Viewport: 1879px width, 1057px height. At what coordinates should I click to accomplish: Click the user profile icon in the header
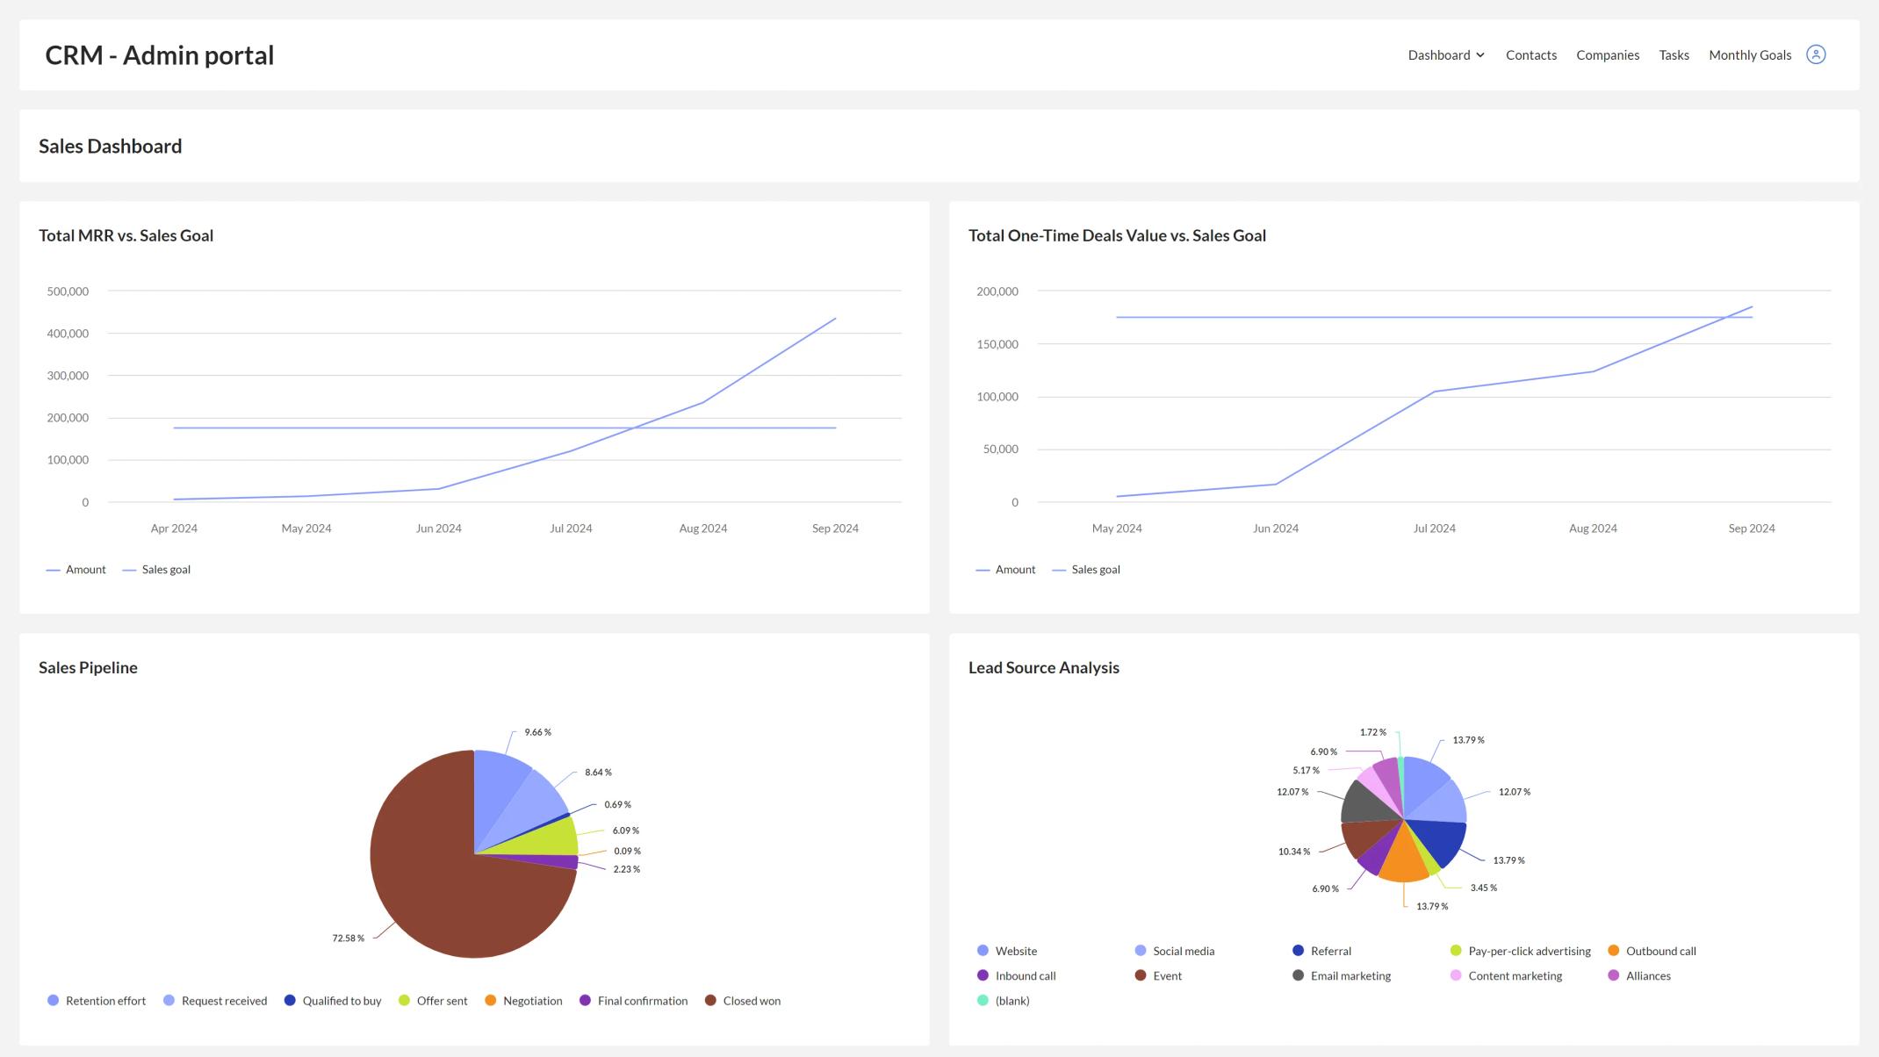click(1816, 54)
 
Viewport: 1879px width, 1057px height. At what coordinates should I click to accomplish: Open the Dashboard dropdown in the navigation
click(1445, 54)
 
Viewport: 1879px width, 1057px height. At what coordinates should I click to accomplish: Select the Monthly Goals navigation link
click(1749, 54)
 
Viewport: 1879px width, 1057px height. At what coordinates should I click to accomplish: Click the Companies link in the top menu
click(1607, 54)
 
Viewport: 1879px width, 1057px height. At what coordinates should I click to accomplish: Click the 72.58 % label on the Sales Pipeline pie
click(348, 938)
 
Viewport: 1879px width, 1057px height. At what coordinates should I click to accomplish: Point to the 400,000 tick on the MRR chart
click(68, 334)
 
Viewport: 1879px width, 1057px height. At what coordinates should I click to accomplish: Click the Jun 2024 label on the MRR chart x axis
click(438, 528)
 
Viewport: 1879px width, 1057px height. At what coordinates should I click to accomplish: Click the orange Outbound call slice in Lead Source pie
click(1404, 860)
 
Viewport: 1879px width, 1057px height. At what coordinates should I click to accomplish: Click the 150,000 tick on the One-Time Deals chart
click(997, 344)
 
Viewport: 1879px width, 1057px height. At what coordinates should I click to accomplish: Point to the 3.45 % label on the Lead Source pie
click(1483, 888)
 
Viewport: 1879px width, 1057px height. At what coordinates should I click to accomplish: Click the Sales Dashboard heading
click(111, 147)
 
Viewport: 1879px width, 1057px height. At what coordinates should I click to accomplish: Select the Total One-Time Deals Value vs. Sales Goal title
click(1116, 235)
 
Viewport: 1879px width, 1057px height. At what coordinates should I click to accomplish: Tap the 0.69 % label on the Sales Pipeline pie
click(617, 805)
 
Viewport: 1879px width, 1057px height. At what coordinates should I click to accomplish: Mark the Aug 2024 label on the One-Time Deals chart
click(1592, 528)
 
